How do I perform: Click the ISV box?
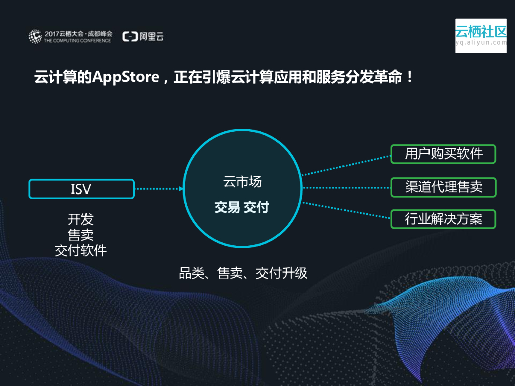point(81,189)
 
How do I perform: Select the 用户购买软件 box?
point(443,154)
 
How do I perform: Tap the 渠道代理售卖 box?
point(443,187)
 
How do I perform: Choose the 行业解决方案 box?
point(443,219)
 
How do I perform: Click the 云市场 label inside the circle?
point(242,182)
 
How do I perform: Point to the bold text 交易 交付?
point(242,207)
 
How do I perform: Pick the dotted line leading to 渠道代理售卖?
point(346,188)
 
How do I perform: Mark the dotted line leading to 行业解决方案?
point(346,211)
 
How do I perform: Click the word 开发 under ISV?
point(80,220)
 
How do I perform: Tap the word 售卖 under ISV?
point(80,235)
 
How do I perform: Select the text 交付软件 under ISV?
point(80,250)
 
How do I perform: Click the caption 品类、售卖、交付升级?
point(243,273)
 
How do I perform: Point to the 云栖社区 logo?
point(481,35)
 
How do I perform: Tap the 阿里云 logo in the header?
point(143,36)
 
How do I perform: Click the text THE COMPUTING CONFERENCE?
point(77,40)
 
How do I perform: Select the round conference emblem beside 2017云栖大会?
point(35,36)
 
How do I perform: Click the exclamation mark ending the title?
point(409,78)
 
